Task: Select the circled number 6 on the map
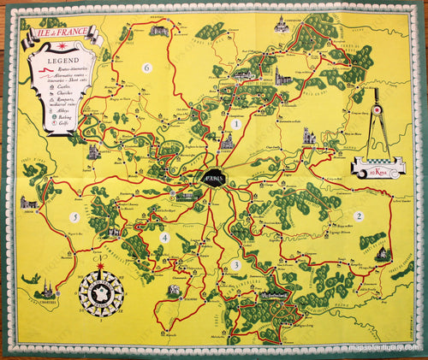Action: [147, 68]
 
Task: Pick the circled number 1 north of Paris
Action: [234, 124]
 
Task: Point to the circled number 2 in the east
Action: [359, 216]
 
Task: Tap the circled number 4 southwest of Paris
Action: [165, 238]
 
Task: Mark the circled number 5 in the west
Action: [75, 217]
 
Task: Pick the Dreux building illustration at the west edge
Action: [30, 204]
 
